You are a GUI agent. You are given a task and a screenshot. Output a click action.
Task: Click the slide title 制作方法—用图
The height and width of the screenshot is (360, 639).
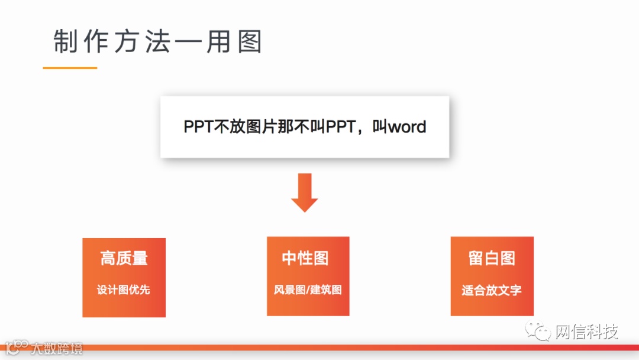pyautogui.click(x=157, y=42)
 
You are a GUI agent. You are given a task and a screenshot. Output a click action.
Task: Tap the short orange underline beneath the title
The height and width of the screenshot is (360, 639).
pyautogui.click(x=70, y=68)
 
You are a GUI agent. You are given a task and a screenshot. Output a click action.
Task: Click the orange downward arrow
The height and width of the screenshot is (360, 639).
pyautogui.click(x=305, y=193)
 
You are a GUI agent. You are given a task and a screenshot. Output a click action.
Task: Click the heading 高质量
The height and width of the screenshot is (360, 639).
pyautogui.click(x=124, y=258)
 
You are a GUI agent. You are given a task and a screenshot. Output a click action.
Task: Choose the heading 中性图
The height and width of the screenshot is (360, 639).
pyautogui.click(x=305, y=258)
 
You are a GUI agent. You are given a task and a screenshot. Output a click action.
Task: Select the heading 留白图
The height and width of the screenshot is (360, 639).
pyautogui.click(x=492, y=258)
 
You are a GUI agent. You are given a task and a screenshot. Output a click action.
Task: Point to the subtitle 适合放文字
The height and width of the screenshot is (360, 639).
pyautogui.click(x=492, y=291)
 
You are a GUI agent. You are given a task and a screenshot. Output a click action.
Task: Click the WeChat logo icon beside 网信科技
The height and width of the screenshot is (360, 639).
pyautogui.click(x=539, y=332)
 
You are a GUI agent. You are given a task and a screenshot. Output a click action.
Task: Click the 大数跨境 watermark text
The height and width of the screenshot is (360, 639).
pyautogui.click(x=57, y=348)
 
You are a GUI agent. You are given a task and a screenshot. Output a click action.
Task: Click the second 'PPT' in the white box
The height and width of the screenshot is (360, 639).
pyautogui.click(x=340, y=127)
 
